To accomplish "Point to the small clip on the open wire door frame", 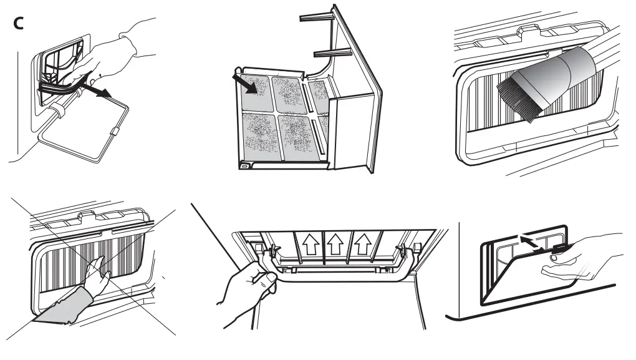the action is pos(114,133).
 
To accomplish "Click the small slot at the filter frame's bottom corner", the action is pos(244,165).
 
